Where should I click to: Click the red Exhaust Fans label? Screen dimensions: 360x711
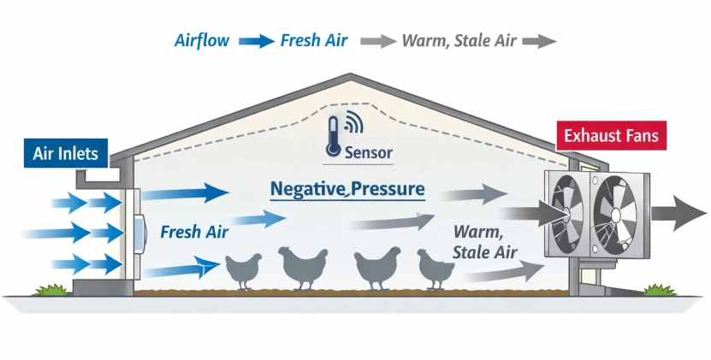611,136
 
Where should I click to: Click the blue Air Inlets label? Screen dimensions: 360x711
65,154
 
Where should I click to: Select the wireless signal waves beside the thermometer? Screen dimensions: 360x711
353,126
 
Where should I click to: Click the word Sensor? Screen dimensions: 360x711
368,154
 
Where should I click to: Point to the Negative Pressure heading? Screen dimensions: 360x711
347,189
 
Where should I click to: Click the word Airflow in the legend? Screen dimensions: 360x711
202,40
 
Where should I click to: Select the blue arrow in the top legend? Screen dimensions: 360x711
254,40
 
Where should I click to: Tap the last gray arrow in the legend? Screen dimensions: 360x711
538,40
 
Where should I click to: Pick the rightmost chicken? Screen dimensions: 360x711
435,269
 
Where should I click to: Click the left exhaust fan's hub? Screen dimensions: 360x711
565,212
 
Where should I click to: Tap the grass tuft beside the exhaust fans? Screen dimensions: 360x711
660,291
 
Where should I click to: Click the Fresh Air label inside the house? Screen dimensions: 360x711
193,232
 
